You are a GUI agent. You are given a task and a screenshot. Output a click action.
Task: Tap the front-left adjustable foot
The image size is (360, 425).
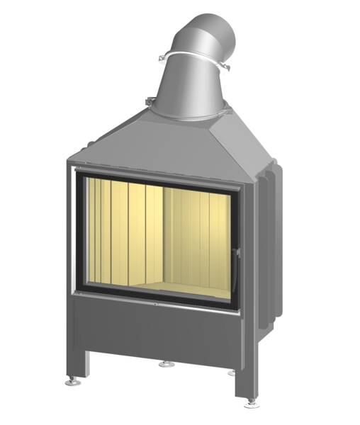72,381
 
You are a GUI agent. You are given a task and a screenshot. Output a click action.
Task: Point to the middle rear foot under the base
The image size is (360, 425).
164,365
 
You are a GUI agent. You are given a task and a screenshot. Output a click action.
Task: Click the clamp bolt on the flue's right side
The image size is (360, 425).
228,69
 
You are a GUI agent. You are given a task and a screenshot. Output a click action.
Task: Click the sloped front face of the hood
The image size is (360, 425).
156,145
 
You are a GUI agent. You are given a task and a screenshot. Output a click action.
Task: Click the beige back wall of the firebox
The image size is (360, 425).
198,234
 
